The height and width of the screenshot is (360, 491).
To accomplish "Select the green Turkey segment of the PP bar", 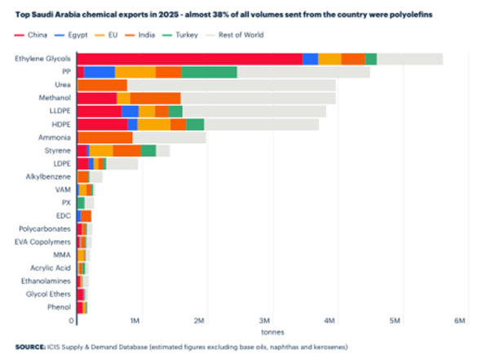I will pyautogui.click(x=209, y=72).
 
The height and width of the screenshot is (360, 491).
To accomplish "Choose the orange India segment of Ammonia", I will pyautogui.click(x=104, y=137).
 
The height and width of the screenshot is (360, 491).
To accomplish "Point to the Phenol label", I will pyautogui.click(x=58, y=308).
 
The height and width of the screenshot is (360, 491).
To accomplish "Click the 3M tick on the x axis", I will pyautogui.click(x=265, y=320).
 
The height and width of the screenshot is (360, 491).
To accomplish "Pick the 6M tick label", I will pyautogui.click(x=460, y=320).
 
